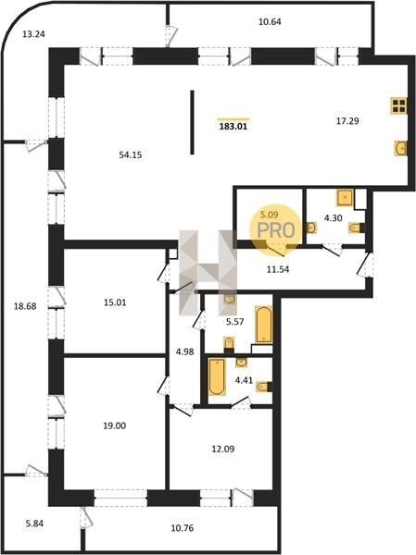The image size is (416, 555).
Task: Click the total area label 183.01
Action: coord(233,127)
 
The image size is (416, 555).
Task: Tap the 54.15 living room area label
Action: coord(131,154)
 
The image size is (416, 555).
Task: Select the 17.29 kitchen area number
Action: coord(347,121)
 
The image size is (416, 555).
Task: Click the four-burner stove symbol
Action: coord(398,105)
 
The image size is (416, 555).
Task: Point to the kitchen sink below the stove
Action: coord(401,148)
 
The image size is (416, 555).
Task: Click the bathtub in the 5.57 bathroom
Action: coord(264,325)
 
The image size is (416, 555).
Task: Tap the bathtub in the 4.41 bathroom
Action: coord(217,376)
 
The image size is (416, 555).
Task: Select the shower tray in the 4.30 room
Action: coord(345,198)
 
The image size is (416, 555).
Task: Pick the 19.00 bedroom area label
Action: coord(115,425)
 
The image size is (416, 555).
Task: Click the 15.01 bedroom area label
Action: coord(115,302)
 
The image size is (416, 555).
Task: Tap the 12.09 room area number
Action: coord(222,450)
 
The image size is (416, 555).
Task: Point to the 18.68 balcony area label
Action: coord(25,306)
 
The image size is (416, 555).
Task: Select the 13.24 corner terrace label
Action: coord(33,34)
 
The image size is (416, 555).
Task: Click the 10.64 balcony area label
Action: coord(270,21)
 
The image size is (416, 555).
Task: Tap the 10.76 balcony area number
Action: coord(183,528)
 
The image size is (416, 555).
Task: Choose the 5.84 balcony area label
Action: coord(34,523)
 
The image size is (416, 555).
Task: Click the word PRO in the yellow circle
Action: coord(276,230)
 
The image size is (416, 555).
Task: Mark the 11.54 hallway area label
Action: coord(278,269)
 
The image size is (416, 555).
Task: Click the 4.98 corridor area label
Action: coord(184,351)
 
